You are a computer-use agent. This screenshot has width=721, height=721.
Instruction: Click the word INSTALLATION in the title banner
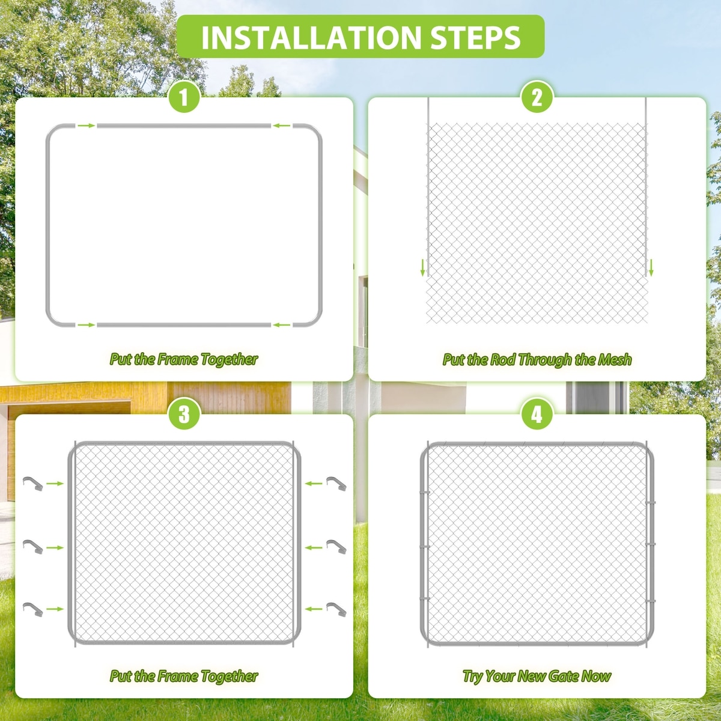coord(311,37)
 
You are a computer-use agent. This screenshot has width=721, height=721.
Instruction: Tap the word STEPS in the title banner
coord(475,37)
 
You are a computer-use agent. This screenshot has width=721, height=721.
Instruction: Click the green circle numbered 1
coord(184,97)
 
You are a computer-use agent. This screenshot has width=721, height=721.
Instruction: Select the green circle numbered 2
coord(537,97)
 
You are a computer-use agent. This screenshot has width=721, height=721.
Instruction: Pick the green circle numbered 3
coord(184,414)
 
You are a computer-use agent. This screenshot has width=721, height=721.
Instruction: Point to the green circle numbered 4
coord(537,414)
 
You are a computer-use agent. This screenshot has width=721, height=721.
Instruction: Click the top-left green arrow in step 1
coord(87,126)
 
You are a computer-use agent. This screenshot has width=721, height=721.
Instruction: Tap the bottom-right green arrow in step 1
coord(282,325)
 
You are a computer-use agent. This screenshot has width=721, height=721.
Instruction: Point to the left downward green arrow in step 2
coord(423,267)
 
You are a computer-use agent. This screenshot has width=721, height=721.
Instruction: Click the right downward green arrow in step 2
coord(651,267)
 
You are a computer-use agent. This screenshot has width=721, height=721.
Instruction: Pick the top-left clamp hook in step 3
coord(33,483)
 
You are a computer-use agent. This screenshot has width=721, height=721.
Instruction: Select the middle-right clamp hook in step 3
coord(336,547)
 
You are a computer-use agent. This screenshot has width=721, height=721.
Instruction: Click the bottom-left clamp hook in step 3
coord(33,609)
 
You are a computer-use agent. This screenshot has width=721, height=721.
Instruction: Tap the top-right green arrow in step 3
coord(314,484)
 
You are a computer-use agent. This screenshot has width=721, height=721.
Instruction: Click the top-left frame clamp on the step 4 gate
coord(425,492)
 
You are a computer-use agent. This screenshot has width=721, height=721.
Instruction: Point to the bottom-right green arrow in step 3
coord(314,609)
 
